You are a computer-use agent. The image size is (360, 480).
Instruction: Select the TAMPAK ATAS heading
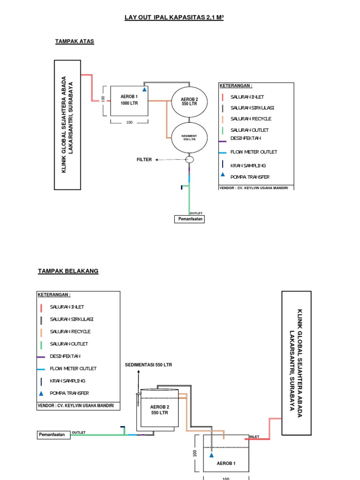click(75, 41)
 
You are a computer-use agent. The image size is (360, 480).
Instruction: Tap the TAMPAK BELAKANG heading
click(68, 271)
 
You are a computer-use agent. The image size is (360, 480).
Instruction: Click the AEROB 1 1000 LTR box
click(129, 100)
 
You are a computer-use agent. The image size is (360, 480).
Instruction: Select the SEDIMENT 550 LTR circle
click(189, 137)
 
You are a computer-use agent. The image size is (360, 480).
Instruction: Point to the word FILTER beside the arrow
click(144, 160)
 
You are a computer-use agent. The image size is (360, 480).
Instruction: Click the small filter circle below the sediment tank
click(189, 160)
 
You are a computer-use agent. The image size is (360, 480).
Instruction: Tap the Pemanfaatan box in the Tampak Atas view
click(190, 219)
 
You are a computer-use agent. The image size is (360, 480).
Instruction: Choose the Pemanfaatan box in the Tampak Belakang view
click(54, 435)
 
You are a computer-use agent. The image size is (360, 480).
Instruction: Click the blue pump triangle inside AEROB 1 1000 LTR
click(144, 89)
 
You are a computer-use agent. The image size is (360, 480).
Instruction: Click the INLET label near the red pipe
click(254, 436)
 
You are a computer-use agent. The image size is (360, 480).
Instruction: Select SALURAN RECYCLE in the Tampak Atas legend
click(251, 119)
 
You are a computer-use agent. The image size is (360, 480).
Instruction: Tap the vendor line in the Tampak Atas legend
click(254, 187)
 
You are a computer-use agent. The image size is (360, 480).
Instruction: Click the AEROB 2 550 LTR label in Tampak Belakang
click(159, 410)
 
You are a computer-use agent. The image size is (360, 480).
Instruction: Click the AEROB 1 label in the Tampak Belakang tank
click(226, 464)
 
